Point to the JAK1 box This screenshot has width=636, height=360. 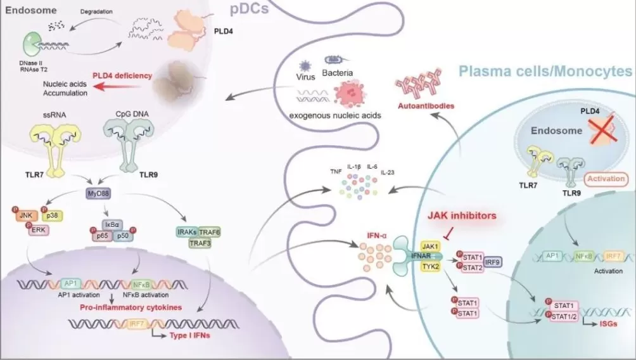tap(431, 245)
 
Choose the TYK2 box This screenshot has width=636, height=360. tap(431, 266)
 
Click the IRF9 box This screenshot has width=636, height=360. tap(492, 262)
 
